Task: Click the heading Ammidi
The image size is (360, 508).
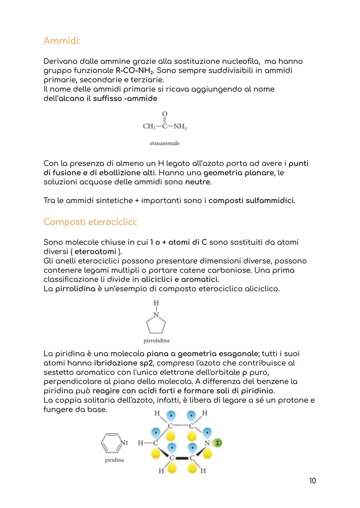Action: (x=62, y=41)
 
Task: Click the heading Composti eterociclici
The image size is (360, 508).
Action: (x=90, y=222)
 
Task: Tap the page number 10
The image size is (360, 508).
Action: (x=312, y=481)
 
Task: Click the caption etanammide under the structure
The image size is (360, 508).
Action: (x=164, y=143)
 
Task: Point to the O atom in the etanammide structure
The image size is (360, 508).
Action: (x=164, y=114)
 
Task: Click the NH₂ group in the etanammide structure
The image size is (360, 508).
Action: (x=180, y=127)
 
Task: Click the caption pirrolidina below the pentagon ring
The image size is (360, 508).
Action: (x=156, y=340)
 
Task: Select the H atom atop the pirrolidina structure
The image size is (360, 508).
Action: (x=156, y=303)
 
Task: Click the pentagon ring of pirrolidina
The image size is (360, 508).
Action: (x=156, y=325)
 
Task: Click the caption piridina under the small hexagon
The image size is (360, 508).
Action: (x=114, y=460)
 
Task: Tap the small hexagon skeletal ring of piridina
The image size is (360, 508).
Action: (x=111, y=443)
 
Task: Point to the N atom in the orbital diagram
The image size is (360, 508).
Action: (x=207, y=443)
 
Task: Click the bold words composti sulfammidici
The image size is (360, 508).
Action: (x=252, y=201)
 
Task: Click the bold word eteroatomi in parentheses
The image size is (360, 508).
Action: (x=95, y=252)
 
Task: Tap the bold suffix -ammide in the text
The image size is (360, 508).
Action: (x=140, y=99)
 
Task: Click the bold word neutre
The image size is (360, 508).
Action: (x=198, y=182)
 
